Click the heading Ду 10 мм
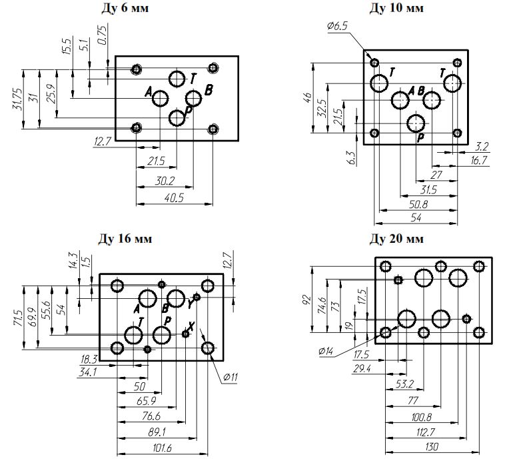click(397, 8)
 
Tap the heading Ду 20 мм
click(397, 238)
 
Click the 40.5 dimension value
click(175, 198)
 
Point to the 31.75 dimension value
click(16, 99)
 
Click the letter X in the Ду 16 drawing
click(192, 327)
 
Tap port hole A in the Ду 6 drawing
click(160, 99)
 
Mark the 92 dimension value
click(307, 298)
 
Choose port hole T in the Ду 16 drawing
click(133, 334)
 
